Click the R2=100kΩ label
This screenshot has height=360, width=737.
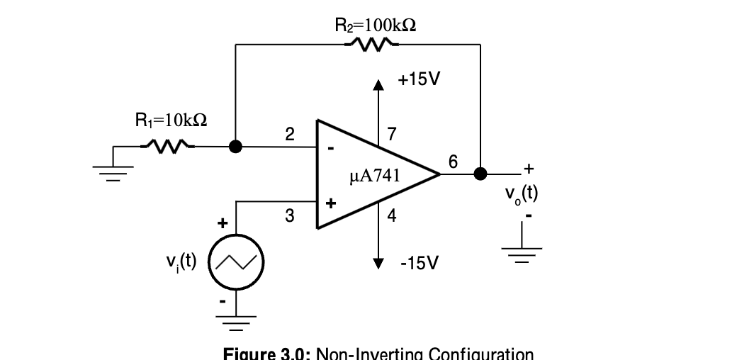click(x=375, y=26)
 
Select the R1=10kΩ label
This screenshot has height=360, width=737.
click(x=171, y=120)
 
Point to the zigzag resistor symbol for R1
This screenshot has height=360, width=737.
click(x=168, y=147)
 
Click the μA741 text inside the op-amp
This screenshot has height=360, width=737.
click(x=375, y=176)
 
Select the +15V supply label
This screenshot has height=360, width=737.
click(x=419, y=79)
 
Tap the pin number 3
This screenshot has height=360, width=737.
click(x=289, y=216)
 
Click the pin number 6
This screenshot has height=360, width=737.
click(x=454, y=162)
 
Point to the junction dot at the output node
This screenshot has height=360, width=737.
click(x=480, y=174)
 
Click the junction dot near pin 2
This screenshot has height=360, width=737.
click(x=236, y=147)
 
